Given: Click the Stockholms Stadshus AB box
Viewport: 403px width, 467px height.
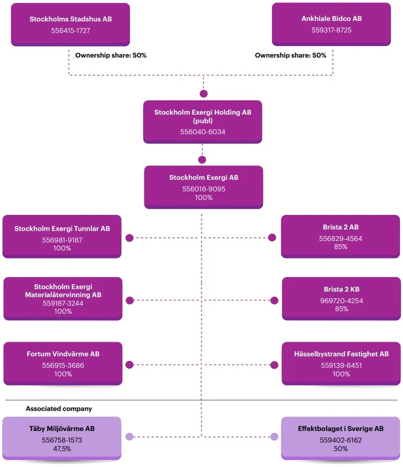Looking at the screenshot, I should (70, 24).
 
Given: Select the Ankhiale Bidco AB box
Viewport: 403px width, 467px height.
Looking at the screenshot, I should (331, 24).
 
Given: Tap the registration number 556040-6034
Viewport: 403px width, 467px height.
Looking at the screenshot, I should (203, 132).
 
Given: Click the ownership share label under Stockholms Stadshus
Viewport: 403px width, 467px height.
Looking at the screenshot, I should (111, 55).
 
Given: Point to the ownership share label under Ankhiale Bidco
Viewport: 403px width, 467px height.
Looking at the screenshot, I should (290, 55).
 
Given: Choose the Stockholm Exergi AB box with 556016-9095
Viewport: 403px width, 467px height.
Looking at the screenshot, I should (203, 187).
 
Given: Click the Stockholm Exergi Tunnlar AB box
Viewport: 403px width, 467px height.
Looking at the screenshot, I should (62, 236).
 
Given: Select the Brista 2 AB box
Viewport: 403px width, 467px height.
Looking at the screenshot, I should (341, 236).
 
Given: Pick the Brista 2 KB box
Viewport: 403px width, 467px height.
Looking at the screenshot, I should (341, 299).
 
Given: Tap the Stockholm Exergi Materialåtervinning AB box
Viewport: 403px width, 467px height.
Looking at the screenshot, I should (62, 299).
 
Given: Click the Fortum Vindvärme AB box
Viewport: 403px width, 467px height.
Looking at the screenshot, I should (62, 364).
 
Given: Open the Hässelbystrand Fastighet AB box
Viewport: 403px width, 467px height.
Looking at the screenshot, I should (341, 364).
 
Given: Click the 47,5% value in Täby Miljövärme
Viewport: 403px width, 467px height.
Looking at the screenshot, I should (62, 449).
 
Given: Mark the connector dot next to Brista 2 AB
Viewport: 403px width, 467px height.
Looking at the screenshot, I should (272, 237).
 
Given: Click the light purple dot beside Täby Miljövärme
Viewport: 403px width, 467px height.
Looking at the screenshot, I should (129, 437).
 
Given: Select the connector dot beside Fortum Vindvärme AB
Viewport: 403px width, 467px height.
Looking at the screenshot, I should (130, 365).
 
